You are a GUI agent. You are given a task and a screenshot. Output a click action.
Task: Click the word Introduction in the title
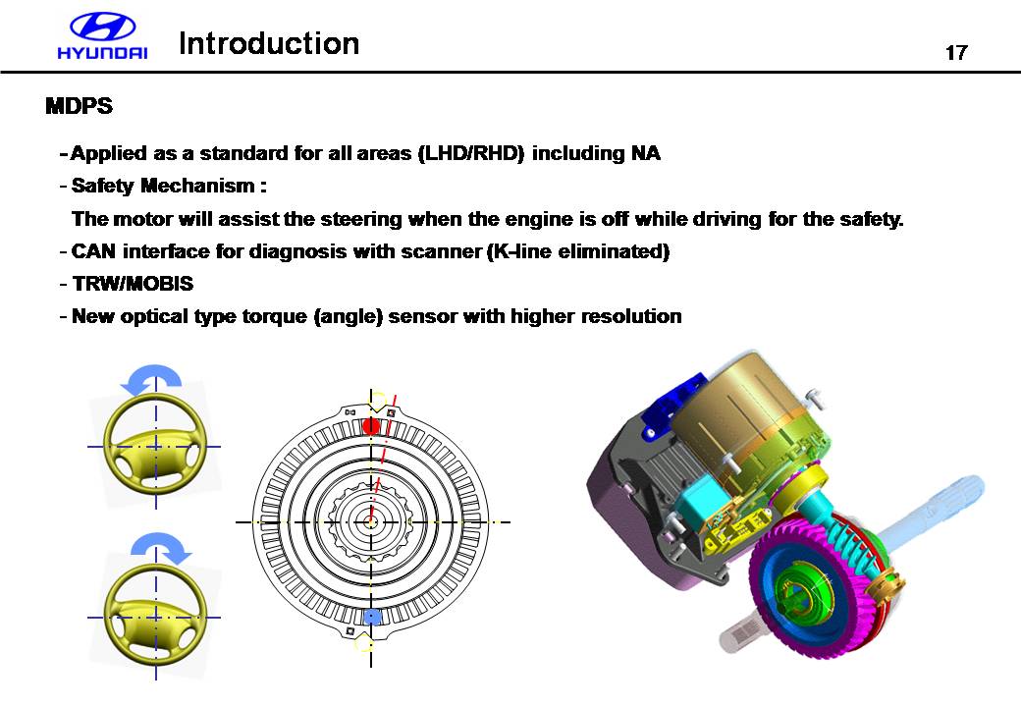[x=269, y=43]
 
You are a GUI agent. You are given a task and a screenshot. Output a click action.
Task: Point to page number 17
[x=956, y=52]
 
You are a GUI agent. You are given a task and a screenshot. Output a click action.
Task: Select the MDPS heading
[x=79, y=105]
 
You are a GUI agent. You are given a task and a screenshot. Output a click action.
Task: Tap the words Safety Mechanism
[x=163, y=186]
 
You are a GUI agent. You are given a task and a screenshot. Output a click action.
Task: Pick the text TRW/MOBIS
[x=133, y=284]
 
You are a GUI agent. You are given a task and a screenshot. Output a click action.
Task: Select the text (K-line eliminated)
[x=578, y=251]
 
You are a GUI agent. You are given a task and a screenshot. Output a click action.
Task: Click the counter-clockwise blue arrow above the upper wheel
[x=151, y=379]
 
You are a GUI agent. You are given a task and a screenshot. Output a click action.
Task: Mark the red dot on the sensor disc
[x=371, y=426]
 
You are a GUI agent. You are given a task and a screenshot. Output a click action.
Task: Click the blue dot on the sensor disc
[x=372, y=617]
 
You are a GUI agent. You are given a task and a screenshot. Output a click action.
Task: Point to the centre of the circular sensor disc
[x=370, y=521]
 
